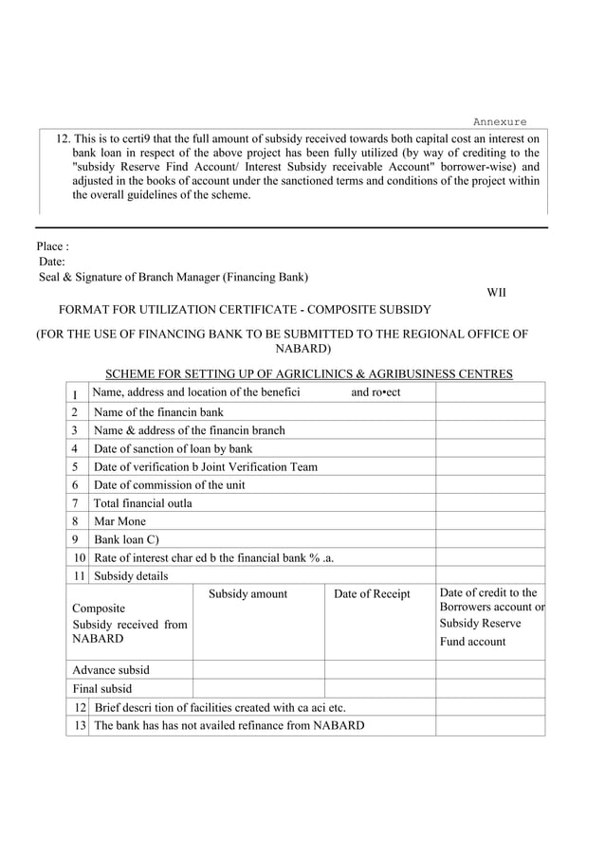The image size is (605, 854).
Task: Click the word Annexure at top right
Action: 500,122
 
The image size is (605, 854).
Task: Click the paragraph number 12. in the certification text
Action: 63,138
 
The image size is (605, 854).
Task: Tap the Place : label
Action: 53,246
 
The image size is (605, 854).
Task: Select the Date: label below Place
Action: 52,262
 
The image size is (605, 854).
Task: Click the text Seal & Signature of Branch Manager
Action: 174,277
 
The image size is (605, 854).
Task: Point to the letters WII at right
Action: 496,293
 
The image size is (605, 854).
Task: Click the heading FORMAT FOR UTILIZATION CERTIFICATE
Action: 245,310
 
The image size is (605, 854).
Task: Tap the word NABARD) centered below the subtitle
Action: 302,349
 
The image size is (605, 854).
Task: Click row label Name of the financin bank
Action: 158,412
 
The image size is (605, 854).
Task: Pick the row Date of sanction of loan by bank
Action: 173,448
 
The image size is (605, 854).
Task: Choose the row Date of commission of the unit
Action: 169,484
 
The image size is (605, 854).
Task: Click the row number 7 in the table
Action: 74,503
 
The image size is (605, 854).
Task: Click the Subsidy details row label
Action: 131,575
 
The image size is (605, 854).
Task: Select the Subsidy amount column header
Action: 247,594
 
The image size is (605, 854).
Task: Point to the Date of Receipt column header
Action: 372,594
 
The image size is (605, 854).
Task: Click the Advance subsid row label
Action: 111,670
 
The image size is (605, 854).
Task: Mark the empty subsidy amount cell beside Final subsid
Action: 258,689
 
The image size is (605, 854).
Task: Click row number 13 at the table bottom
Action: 81,726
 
